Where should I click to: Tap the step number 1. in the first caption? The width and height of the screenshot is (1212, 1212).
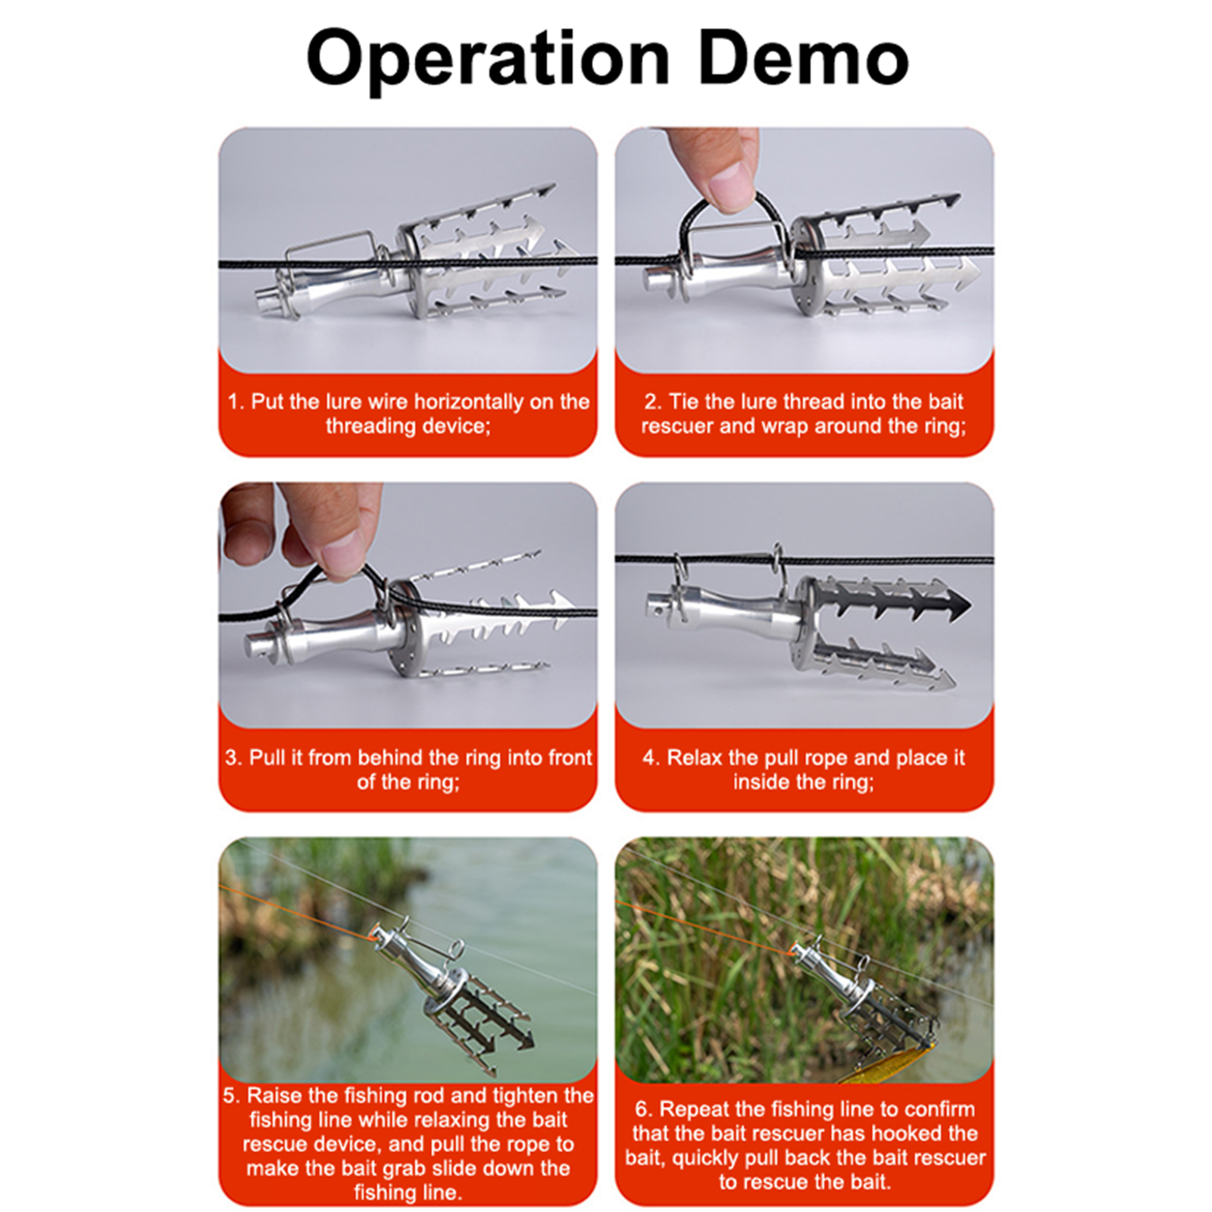(x=236, y=401)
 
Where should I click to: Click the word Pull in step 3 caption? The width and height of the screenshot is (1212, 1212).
(x=267, y=757)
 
